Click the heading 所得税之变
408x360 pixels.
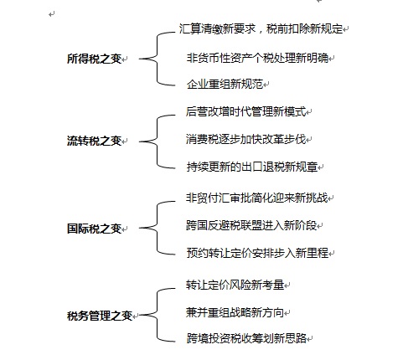[x=94, y=59]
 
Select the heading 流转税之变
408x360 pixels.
[x=94, y=141]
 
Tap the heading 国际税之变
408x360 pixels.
[x=94, y=229]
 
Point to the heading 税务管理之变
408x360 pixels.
[x=100, y=316]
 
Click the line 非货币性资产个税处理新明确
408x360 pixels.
[x=257, y=58]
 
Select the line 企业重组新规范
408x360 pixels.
[x=225, y=84]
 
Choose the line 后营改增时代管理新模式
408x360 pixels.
[x=246, y=111]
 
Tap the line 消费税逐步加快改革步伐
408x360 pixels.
[x=246, y=139]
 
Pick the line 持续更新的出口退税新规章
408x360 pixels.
[x=252, y=167]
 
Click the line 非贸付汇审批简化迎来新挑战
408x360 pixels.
[x=257, y=198]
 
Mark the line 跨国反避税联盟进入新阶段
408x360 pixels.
[x=251, y=225]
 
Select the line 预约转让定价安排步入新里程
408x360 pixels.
[x=257, y=253]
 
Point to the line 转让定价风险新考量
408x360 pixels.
[x=235, y=285]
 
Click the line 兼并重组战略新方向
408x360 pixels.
[x=235, y=312]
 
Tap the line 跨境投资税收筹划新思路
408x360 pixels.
[x=246, y=338]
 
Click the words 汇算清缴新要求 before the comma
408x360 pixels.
[x=217, y=28]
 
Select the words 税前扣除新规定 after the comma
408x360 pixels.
[x=305, y=28]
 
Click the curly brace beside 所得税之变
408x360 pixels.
[x=157, y=59]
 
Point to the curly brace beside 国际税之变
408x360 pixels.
[x=157, y=228]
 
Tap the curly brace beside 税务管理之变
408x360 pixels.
[x=157, y=315]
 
